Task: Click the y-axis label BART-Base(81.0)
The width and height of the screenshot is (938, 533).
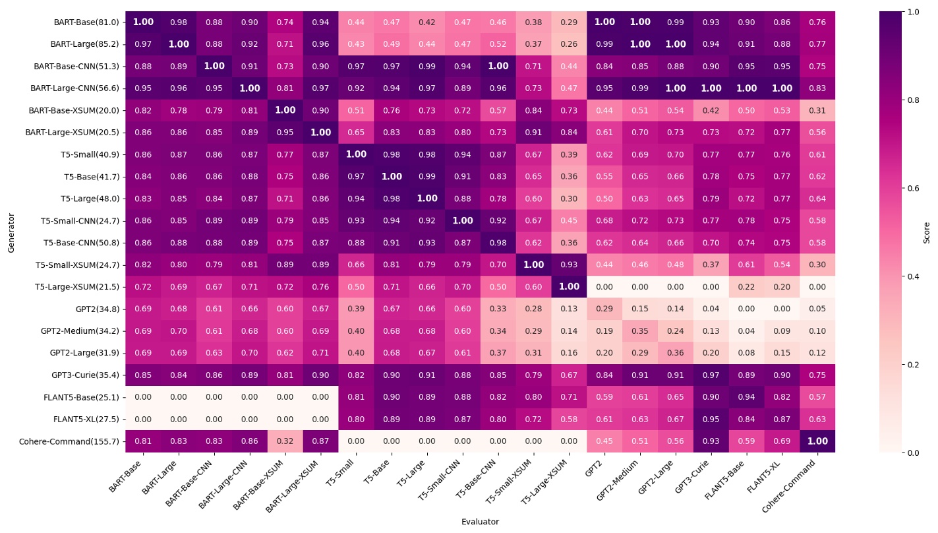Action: click(86, 22)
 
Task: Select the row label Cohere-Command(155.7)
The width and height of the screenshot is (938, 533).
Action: click(74, 441)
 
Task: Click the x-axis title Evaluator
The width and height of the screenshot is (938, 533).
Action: click(480, 522)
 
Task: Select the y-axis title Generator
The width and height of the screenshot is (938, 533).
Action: click(11, 232)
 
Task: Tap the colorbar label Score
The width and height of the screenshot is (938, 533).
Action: click(927, 232)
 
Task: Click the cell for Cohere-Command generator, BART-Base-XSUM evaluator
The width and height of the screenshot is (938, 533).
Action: click(285, 441)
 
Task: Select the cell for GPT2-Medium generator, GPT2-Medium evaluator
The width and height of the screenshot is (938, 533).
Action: click(640, 331)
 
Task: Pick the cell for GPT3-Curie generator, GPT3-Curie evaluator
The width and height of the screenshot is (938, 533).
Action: click(711, 375)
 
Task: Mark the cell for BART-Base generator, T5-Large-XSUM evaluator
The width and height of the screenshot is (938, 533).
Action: click(569, 22)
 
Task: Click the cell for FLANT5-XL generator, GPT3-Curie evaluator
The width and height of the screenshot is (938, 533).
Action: click(711, 420)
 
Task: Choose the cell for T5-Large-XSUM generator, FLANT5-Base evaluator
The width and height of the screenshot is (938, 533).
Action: click(747, 287)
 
